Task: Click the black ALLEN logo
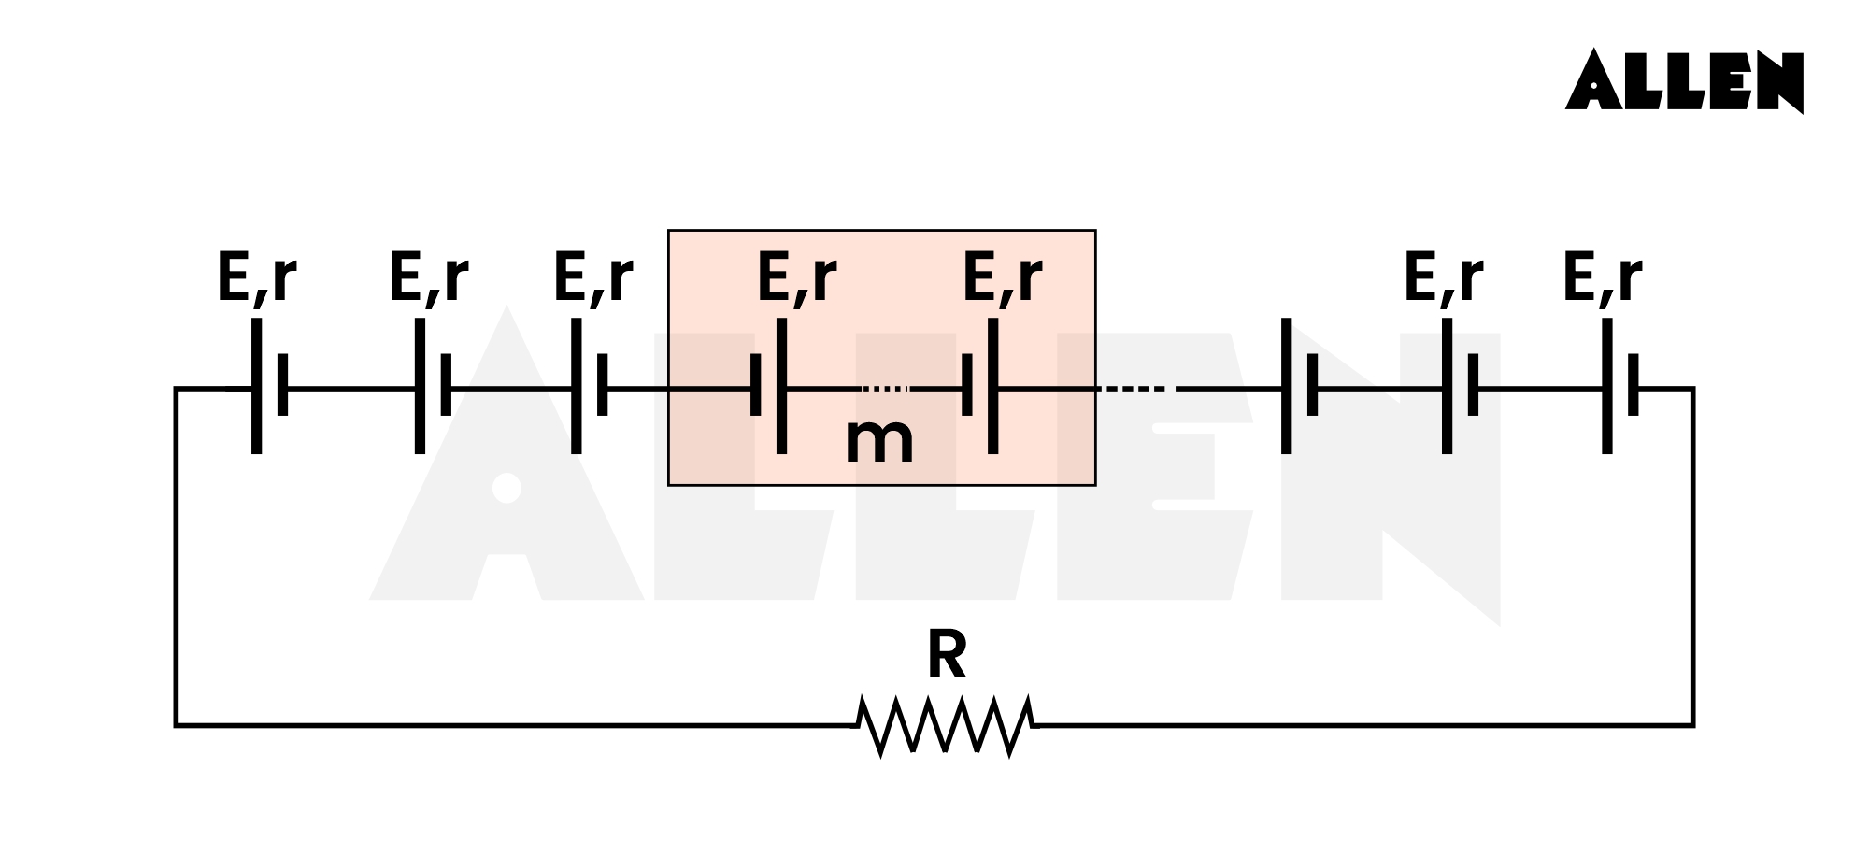pos(1684,81)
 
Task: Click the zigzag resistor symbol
pos(946,725)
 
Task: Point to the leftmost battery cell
pos(269,387)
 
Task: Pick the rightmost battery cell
pos(1619,387)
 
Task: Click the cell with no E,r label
pos(1299,387)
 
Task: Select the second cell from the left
pos(432,387)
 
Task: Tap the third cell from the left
pos(589,387)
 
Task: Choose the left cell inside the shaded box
pos(768,387)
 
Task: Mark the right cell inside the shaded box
pos(979,387)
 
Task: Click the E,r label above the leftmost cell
pos(256,278)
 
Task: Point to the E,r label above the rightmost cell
pos(1602,278)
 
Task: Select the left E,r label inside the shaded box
pos(796,278)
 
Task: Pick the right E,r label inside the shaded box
pos(1002,278)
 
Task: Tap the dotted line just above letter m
pos(884,388)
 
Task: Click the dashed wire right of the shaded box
pos(1133,388)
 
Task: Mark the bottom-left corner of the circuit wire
pos(176,725)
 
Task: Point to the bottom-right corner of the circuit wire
pos(1693,725)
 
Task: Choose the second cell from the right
pos(1459,387)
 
